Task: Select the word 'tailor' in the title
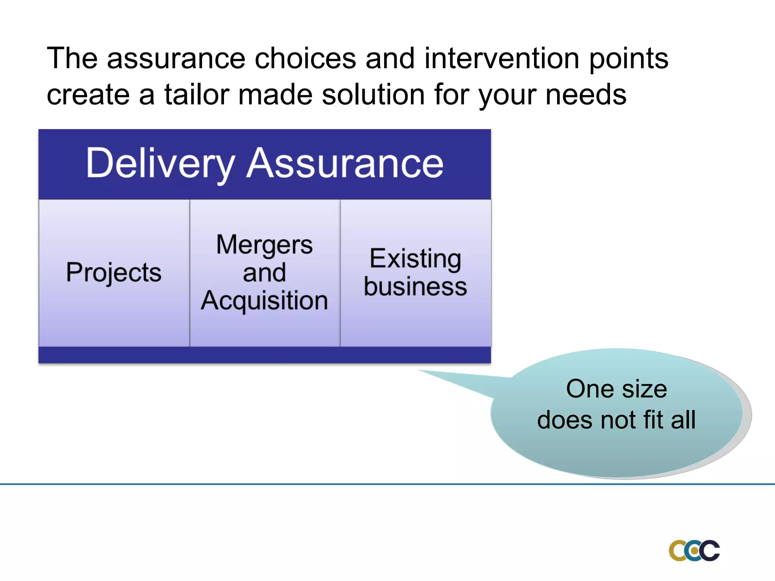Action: [196, 95]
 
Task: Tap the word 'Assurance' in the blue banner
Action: [344, 163]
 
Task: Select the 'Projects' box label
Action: [114, 272]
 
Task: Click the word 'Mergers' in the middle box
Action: [265, 245]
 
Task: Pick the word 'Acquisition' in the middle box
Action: [265, 301]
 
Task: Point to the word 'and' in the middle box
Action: [265, 273]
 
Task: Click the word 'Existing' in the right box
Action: [415, 259]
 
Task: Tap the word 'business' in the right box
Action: [415, 287]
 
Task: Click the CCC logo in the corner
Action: [694, 550]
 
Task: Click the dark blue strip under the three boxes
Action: [265, 355]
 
